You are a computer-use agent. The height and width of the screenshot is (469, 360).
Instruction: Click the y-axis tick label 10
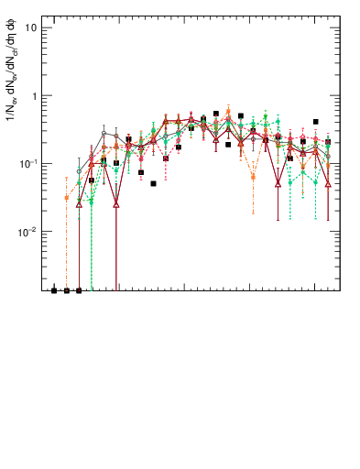pyautogui.click(x=29, y=27)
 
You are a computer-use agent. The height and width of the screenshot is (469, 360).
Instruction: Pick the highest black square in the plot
pyautogui.click(x=216, y=115)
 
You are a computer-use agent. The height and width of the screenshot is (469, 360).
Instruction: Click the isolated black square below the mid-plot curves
pyautogui.click(x=154, y=183)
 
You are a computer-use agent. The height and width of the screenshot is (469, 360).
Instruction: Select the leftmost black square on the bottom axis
pyautogui.click(x=54, y=290)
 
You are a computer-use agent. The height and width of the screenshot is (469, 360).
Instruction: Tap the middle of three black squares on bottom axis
pyautogui.click(x=67, y=290)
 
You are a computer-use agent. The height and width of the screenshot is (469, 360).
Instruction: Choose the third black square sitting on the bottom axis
pyautogui.click(x=79, y=290)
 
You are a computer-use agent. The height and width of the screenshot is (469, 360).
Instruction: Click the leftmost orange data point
pyautogui.click(x=67, y=198)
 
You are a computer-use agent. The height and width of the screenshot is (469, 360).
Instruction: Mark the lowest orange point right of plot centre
pyautogui.click(x=254, y=177)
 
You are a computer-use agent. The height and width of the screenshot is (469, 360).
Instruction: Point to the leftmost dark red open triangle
pyautogui.click(x=79, y=204)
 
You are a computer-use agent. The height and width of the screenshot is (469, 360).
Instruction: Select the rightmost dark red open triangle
pyautogui.click(x=328, y=184)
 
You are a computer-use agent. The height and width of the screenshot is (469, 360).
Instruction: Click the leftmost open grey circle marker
pyautogui.click(x=79, y=171)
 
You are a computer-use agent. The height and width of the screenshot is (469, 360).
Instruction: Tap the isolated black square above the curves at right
pyautogui.click(x=316, y=122)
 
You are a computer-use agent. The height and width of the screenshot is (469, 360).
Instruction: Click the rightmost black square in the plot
pyautogui.click(x=328, y=142)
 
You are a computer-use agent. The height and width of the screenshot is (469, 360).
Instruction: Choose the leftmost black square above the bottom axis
pyautogui.click(x=92, y=180)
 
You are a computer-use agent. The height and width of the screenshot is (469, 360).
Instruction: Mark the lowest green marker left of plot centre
pyautogui.click(x=92, y=201)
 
